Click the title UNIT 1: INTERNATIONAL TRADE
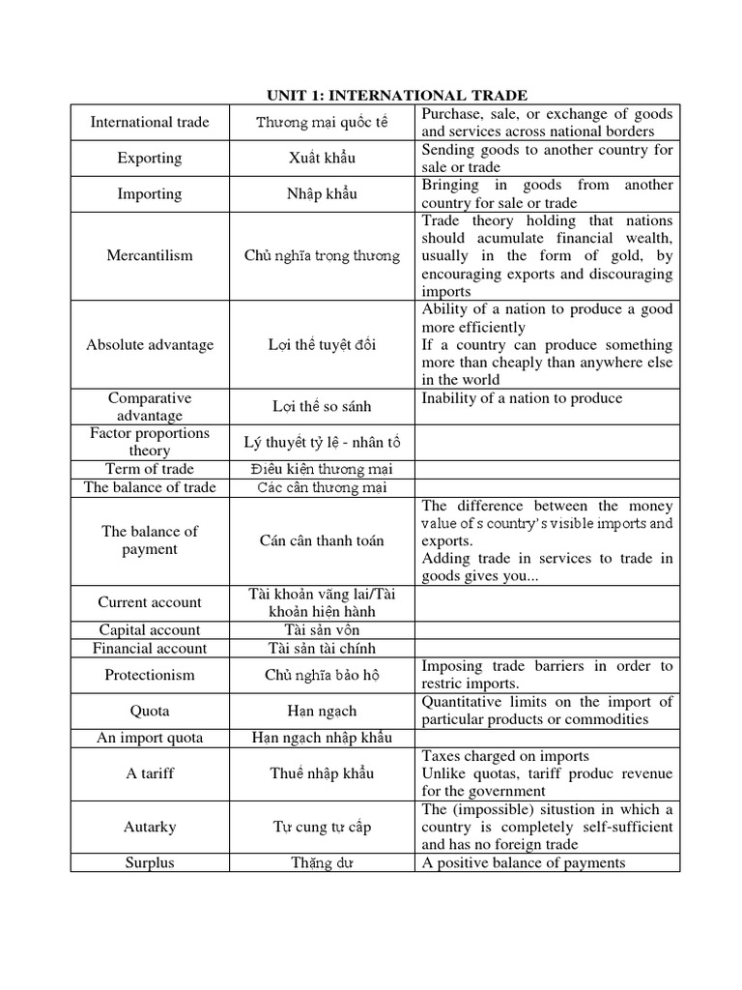pyautogui.click(x=397, y=95)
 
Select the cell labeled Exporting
pyautogui.click(x=149, y=159)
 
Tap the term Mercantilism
pyautogui.click(x=149, y=256)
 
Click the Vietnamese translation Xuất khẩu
pyautogui.click(x=322, y=159)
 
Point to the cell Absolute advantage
pyautogui.click(x=149, y=345)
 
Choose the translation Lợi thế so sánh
pyautogui.click(x=322, y=406)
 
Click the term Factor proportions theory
pyautogui.click(x=149, y=442)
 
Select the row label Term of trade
pyautogui.click(x=149, y=469)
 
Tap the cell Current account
pyautogui.click(x=149, y=602)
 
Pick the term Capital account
pyautogui.click(x=149, y=630)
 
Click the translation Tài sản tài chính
pyautogui.click(x=322, y=649)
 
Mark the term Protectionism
pyautogui.click(x=149, y=675)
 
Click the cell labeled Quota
pyautogui.click(x=149, y=711)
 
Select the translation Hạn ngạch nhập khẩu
pyautogui.click(x=322, y=738)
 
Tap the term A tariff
pyautogui.click(x=149, y=773)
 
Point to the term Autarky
pyautogui.click(x=149, y=828)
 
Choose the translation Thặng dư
pyautogui.click(x=322, y=862)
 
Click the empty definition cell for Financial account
pyautogui.click(x=547, y=649)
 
